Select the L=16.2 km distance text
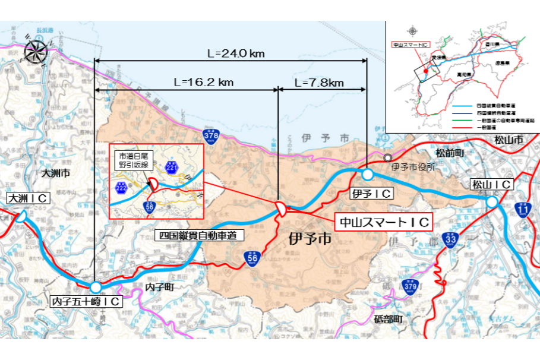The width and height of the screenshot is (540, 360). pos(203,81)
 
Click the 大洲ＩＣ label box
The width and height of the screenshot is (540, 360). pos(27,198)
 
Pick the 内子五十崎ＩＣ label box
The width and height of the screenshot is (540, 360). pos(87,302)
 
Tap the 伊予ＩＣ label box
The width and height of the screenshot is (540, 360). pos(372,194)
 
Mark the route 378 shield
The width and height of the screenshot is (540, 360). pos(209,135)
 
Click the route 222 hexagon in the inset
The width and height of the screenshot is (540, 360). pos(122,188)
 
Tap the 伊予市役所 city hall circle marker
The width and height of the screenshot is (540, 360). pos(387,158)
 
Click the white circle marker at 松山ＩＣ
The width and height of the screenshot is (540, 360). pos(491,203)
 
